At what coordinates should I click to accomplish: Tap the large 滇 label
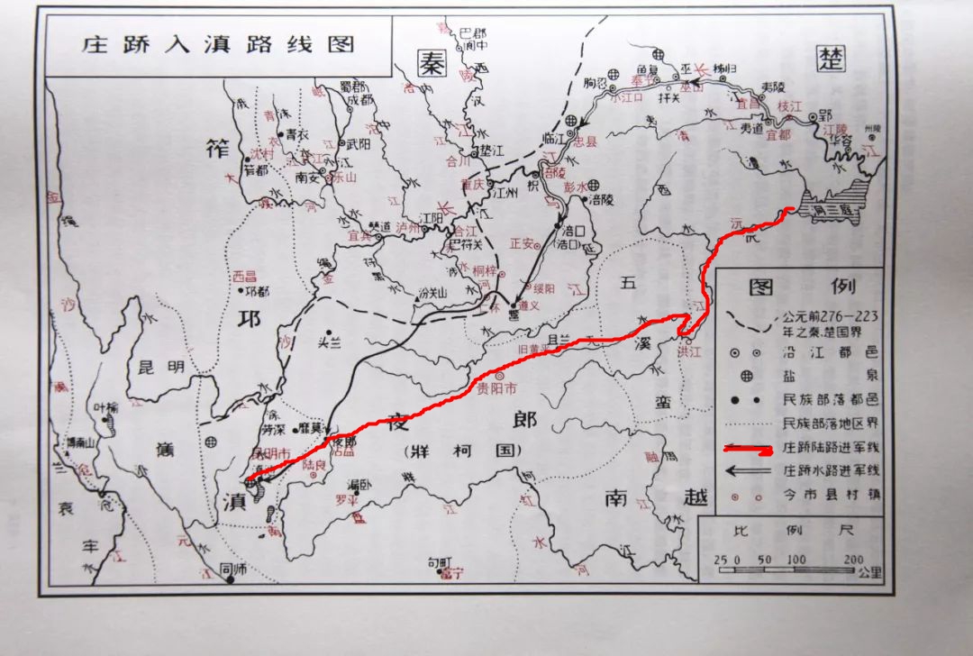232,502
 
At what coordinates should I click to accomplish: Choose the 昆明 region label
162,368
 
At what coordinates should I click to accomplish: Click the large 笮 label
218,150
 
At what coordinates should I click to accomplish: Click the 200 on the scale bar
851,560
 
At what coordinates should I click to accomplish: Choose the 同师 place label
233,568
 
